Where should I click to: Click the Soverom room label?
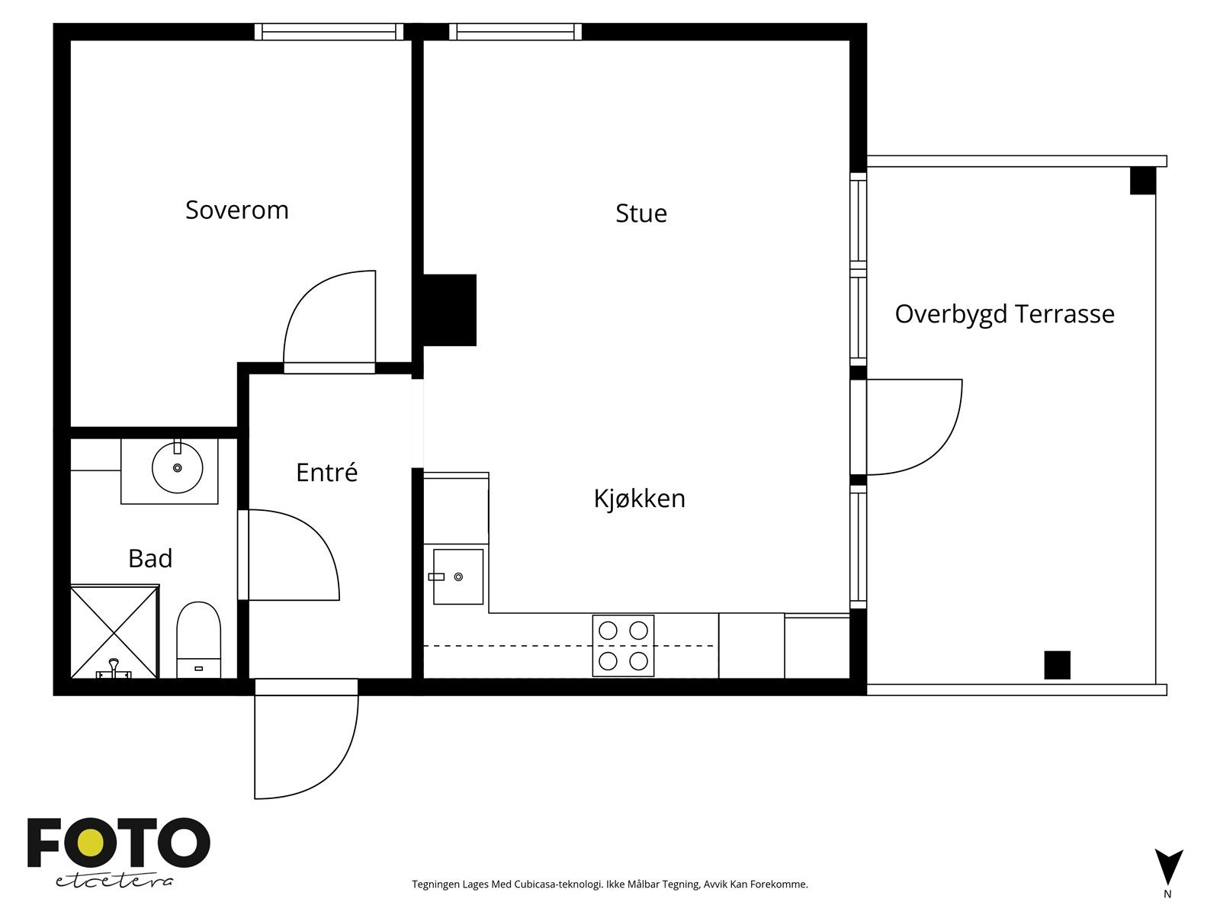(x=237, y=210)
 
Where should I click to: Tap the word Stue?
(x=640, y=213)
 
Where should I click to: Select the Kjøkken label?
(x=639, y=499)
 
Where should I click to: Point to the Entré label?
(x=326, y=472)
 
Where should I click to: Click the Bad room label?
(x=150, y=558)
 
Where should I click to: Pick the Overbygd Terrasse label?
(x=1004, y=314)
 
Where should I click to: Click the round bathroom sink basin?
(x=178, y=467)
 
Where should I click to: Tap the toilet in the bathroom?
(x=198, y=640)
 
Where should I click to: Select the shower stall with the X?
(x=114, y=631)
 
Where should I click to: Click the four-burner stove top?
(x=623, y=646)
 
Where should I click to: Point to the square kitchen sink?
(x=458, y=576)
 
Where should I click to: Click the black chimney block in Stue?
(x=450, y=310)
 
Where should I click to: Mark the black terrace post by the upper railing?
(x=1143, y=181)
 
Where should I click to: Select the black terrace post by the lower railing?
(x=1057, y=665)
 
